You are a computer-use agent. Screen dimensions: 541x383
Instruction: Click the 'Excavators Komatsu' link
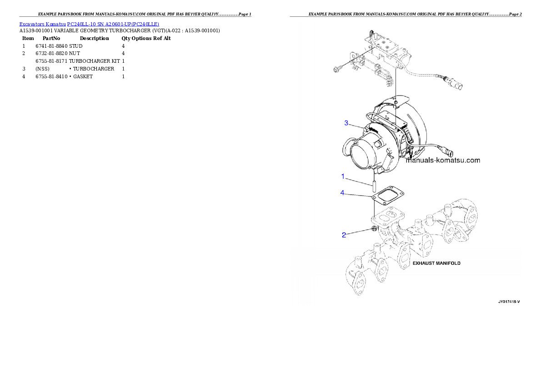point(42,24)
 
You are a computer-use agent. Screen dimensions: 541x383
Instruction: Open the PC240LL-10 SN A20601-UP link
point(113,24)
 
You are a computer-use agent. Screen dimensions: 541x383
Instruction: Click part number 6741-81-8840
point(51,46)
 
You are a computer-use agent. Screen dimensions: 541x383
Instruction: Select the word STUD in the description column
point(76,46)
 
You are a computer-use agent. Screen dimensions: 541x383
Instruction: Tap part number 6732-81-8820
point(51,54)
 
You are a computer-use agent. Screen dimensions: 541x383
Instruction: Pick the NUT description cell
point(75,54)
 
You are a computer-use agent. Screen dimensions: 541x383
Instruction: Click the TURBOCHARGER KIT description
point(95,61)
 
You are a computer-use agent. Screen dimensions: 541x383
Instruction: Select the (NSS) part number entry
point(42,69)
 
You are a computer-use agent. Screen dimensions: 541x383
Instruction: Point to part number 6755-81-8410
point(51,77)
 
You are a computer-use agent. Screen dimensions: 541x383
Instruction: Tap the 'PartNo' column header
point(51,38)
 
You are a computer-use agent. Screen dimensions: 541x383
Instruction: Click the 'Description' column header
point(94,38)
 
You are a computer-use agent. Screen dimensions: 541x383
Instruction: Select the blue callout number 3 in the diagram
point(346,123)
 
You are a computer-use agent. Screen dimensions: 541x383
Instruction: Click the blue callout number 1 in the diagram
point(343,176)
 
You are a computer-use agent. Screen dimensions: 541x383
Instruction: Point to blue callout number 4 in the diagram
point(342,193)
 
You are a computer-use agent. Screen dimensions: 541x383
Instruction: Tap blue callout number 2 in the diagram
point(344,235)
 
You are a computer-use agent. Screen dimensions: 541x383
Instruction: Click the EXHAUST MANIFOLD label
point(436,263)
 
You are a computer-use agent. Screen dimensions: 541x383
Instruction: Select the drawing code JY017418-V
point(509,302)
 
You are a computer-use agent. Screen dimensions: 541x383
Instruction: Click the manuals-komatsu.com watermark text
point(443,160)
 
